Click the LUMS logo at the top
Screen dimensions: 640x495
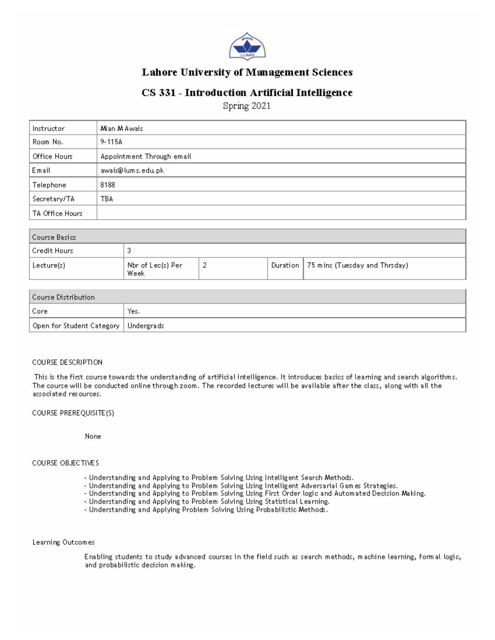[247, 47]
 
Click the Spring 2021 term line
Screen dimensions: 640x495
[247, 106]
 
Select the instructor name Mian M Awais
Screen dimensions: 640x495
[122, 129]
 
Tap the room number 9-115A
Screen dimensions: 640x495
[111, 142]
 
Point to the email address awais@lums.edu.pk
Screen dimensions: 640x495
[132, 171]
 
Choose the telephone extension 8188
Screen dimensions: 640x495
[108, 185]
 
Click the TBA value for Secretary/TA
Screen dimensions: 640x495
[107, 199]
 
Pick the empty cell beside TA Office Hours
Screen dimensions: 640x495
[281, 213]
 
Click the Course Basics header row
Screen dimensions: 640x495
[247, 237]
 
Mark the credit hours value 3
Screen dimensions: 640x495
[129, 251]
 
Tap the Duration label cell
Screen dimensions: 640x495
[285, 265]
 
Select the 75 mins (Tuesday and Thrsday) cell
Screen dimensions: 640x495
[358, 265]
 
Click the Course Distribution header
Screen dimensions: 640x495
[247, 297]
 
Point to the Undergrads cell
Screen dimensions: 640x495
[146, 326]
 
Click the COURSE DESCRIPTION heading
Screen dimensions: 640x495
[67, 363]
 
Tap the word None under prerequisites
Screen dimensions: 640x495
[93, 436]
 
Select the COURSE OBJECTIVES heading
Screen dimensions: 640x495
[66, 463]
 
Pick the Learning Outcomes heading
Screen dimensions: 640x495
[64, 542]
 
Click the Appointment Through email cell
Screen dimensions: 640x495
[146, 157]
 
